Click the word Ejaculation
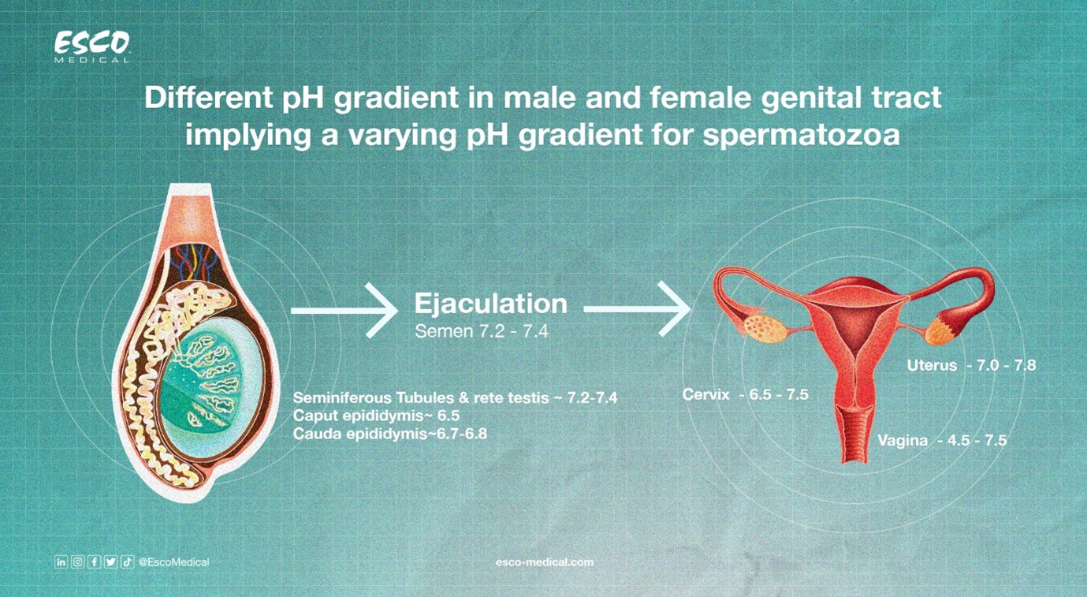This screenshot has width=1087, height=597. (490, 304)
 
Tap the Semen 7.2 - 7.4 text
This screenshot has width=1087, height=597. (482, 331)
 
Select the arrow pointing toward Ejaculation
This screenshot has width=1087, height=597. (344, 311)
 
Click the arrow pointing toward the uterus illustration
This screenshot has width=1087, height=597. (637, 309)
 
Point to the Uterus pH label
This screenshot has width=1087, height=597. (971, 365)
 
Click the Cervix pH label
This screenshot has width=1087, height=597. (746, 394)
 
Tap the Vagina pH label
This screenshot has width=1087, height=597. (942, 441)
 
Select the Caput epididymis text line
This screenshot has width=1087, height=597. (376, 416)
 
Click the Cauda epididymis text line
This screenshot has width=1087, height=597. (389, 434)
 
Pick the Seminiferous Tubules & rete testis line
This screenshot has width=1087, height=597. (455, 398)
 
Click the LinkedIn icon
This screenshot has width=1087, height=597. (61, 562)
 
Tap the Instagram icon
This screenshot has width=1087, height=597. (77, 562)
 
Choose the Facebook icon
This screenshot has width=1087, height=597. (94, 562)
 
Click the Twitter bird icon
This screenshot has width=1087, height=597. (110, 562)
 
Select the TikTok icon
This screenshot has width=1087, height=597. (127, 562)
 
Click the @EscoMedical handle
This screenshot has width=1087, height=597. (173, 562)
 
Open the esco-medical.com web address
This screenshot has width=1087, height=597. (545, 562)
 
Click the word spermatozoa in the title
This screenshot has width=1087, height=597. (801, 135)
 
